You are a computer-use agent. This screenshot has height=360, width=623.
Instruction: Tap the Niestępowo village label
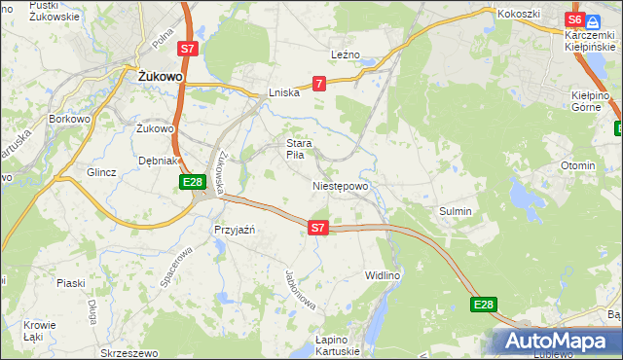click(340, 186)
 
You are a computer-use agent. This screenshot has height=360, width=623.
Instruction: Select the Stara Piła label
click(298, 149)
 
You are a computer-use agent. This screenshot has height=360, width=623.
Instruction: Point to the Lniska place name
click(285, 93)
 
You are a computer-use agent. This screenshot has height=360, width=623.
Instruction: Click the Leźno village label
click(346, 55)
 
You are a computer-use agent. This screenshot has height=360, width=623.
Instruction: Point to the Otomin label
click(577, 165)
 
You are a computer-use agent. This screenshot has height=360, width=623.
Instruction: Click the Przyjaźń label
click(234, 230)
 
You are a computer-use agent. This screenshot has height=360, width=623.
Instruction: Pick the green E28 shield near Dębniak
click(192, 182)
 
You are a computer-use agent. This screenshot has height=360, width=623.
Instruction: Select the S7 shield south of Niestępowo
click(318, 228)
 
